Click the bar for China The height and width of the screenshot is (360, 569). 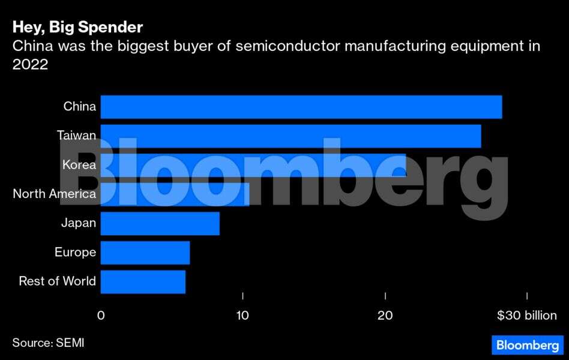300,107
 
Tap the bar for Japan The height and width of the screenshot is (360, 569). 160,223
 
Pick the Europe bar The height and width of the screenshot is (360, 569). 145,253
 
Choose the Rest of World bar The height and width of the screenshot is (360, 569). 143,281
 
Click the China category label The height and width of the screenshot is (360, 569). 79,107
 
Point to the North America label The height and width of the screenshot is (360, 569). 54,194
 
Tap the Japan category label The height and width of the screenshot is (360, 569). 78,223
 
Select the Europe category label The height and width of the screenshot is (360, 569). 75,253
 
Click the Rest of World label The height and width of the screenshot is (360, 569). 57,281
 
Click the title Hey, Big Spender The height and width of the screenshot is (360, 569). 77,28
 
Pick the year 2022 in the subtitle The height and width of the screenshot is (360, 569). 30,65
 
